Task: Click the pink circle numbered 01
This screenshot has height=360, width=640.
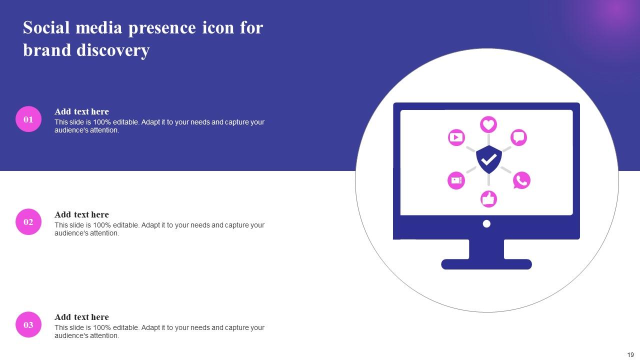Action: pyautogui.click(x=28, y=119)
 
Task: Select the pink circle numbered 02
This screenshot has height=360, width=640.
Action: pyautogui.click(x=28, y=222)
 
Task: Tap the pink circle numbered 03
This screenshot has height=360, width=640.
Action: pyautogui.click(x=28, y=324)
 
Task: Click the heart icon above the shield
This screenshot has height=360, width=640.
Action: pyautogui.click(x=488, y=124)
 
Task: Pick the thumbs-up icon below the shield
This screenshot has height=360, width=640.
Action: pyautogui.click(x=488, y=199)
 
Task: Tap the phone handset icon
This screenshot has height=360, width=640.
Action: pyautogui.click(x=521, y=180)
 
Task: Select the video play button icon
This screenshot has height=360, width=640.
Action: pyautogui.click(x=456, y=137)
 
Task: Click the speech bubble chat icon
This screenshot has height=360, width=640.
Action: pyautogui.click(x=519, y=137)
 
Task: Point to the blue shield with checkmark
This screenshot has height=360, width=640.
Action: pyautogui.click(x=488, y=159)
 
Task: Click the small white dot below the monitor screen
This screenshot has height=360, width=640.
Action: pyautogui.click(x=486, y=224)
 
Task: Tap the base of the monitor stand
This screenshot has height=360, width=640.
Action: pyautogui.click(x=486, y=264)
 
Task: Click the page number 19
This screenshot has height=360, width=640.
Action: pyautogui.click(x=630, y=354)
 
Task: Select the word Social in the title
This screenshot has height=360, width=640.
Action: pyautogui.click(x=47, y=28)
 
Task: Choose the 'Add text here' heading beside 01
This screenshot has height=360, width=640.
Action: pyautogui.click(x=81, y=111)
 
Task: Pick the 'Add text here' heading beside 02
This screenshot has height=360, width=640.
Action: pyautogui.click(x=81, y=214)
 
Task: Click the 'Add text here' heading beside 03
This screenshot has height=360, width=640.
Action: pyautogui.click(x=81, y=317)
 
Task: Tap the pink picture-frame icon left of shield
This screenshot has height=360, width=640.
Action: pyautogui.click(x=456, y=180)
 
